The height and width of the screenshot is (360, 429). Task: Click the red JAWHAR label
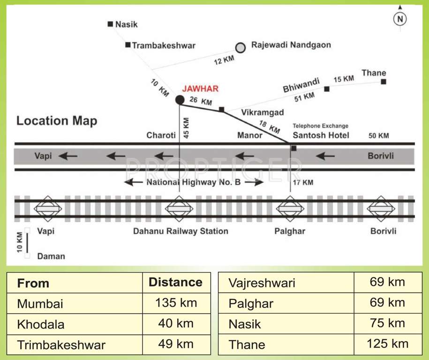(x=200, y=89)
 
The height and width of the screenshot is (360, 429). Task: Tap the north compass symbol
(x=400, y=19)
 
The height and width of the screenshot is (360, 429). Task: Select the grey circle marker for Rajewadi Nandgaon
(x=241, y=47)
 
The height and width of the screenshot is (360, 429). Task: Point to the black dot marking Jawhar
(x=180, y=99)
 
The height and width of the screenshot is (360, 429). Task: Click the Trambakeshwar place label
(x=164, y=45)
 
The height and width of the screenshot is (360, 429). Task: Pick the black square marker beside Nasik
(x=110, y=23)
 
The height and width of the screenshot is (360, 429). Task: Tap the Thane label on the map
(x=374, y=73)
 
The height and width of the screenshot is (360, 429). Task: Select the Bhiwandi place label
(x=301, y=86)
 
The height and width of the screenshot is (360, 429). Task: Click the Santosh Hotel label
(x=321, y=135)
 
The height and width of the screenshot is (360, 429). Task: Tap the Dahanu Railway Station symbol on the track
(x=179, y=209)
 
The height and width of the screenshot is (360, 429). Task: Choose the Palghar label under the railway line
(x=290, y=231)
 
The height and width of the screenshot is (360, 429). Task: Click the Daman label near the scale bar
(x=51, y=256)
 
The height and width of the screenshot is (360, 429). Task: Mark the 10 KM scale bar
(x=27, y=243)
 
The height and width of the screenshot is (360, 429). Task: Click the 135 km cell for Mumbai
(x=176, y=303)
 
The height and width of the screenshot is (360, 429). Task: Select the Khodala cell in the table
(x=41, y=324)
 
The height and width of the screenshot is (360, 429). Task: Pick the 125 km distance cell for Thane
(x=387, y=344)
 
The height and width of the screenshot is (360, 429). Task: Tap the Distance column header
(x=175, y=282)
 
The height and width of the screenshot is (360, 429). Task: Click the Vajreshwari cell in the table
(x=262, y=283)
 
